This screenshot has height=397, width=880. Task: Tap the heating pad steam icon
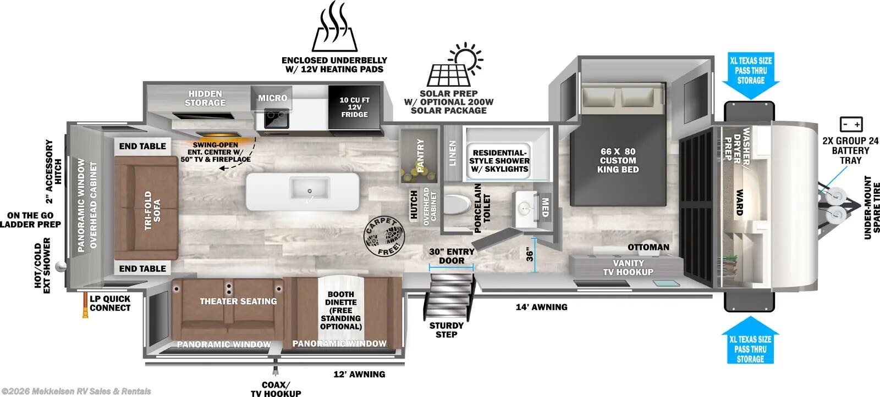coord(335,27)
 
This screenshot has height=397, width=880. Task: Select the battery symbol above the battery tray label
coord(850,124)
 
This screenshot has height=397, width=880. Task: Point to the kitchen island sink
coord(309,189)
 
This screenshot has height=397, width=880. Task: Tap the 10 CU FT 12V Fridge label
coord(354,107)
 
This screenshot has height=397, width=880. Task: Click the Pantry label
coord(421,155)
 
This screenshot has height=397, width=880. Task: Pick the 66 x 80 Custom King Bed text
coord(618,160)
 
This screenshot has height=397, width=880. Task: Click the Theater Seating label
coord(238,301)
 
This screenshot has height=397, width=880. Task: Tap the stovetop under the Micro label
coord(276,118)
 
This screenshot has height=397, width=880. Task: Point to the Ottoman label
coord(648,247)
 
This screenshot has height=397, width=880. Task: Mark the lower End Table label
coord(142,269)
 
